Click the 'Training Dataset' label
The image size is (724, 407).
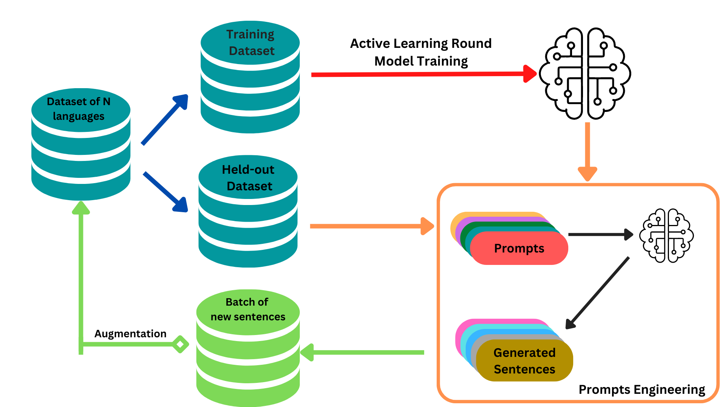[x=251, y=43]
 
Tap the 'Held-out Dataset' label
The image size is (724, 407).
[x=248, y=178]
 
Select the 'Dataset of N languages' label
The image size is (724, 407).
[x=79, y=109]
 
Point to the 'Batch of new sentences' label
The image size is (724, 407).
[x=247, y=309]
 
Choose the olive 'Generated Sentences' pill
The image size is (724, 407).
[x=525, y=361]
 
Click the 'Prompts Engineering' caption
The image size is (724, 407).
[x=642, y=390]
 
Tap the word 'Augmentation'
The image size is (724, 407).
[x=130, y=334]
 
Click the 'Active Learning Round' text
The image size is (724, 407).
[x=421, y=44]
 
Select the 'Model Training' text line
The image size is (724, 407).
[x=421, y=61]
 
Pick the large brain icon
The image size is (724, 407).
[x=585, y=73]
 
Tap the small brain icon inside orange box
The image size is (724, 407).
[x=667, y=236]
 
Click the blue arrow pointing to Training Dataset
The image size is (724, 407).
[x=165, y=119]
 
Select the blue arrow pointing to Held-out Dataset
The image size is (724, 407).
[x=165, y=192]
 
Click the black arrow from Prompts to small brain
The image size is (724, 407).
[x=600, y=234]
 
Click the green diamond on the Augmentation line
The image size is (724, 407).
[x=180, y=344]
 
